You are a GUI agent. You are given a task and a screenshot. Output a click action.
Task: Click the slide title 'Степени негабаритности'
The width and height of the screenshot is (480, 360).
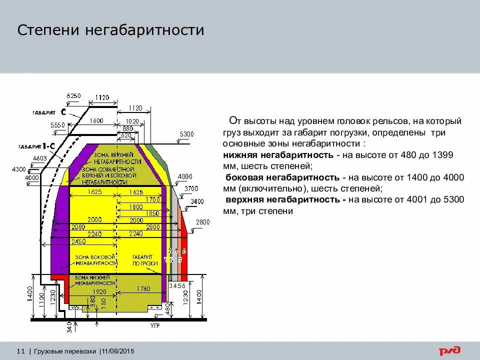111,30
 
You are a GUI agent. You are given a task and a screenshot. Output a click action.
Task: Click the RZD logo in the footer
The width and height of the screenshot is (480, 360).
450,351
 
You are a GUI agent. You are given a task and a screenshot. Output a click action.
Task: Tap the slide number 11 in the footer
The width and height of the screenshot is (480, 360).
21,351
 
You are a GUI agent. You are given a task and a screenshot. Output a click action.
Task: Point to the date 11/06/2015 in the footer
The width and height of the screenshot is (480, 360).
117,351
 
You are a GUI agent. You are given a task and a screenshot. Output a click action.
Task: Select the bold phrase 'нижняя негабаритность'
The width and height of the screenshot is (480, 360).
279,155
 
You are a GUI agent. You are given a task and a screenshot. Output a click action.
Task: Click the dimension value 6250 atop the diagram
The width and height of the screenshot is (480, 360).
73,95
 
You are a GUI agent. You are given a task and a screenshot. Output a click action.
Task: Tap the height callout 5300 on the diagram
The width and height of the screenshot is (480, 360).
186,134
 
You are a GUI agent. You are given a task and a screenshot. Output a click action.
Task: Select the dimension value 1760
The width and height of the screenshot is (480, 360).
143,288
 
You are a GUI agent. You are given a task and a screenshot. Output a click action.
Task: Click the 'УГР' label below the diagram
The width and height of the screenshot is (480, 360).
155,325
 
